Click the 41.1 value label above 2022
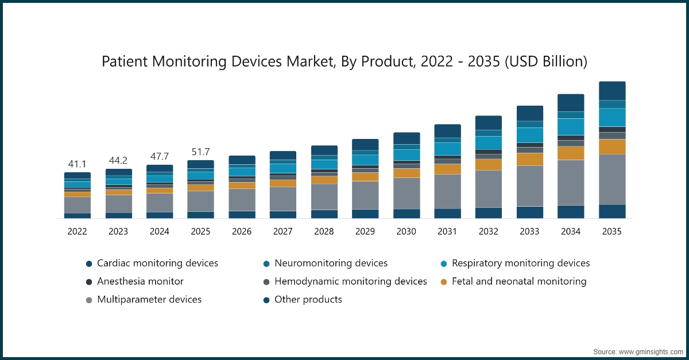click(77, 164)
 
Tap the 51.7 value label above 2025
click(200, 152)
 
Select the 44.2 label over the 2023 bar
click(118, 161)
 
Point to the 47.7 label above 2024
click(159, 157)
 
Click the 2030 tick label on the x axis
click(407, 231)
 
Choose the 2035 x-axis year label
click(612, 231)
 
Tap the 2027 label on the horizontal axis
click(283, 231)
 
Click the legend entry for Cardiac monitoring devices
click(157, 263)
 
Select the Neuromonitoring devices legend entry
click(331, 263)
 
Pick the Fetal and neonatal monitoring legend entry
click(519, 281)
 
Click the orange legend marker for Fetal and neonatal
click(444, 282)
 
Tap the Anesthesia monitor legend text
click(140, 281)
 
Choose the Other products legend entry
click(308, 299)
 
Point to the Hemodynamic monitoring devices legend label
click(350, 281)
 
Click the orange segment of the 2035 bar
click(612, 146)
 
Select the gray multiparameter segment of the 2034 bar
click(571, 182)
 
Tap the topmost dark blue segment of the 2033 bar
click(529, 113)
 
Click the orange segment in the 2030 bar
click(407, 173)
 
